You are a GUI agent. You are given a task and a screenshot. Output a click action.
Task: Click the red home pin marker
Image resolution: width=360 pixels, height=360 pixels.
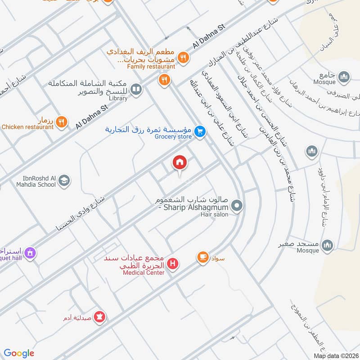[180, 163]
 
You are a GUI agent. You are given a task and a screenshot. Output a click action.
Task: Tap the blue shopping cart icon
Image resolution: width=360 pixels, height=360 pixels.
[201, 131]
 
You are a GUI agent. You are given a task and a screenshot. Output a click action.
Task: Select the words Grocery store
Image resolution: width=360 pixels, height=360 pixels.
[174, 137]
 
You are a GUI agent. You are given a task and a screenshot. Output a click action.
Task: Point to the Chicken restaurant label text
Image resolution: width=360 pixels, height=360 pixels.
[27, 127]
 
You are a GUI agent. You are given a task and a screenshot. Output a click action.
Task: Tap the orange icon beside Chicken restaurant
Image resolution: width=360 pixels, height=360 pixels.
[62, 121]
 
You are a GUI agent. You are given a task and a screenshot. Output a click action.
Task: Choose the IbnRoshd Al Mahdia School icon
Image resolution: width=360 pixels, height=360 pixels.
[64, 180]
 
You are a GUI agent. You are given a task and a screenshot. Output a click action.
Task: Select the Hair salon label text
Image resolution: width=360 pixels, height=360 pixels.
[214, 215]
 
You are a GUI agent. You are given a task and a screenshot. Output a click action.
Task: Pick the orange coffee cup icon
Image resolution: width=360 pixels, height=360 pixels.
[202, 257]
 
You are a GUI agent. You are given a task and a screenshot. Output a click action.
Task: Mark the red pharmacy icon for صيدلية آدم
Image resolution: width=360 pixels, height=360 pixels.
[100, 317]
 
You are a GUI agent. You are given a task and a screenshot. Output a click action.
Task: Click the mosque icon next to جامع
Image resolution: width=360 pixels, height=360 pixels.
[344, 77]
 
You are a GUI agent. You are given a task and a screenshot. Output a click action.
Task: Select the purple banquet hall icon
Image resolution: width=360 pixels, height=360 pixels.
[30, 253]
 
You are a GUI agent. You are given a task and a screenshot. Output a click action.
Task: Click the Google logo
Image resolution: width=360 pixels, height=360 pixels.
[19, 353]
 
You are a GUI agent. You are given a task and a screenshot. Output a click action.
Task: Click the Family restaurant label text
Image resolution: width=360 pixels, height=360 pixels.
[151, 67]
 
